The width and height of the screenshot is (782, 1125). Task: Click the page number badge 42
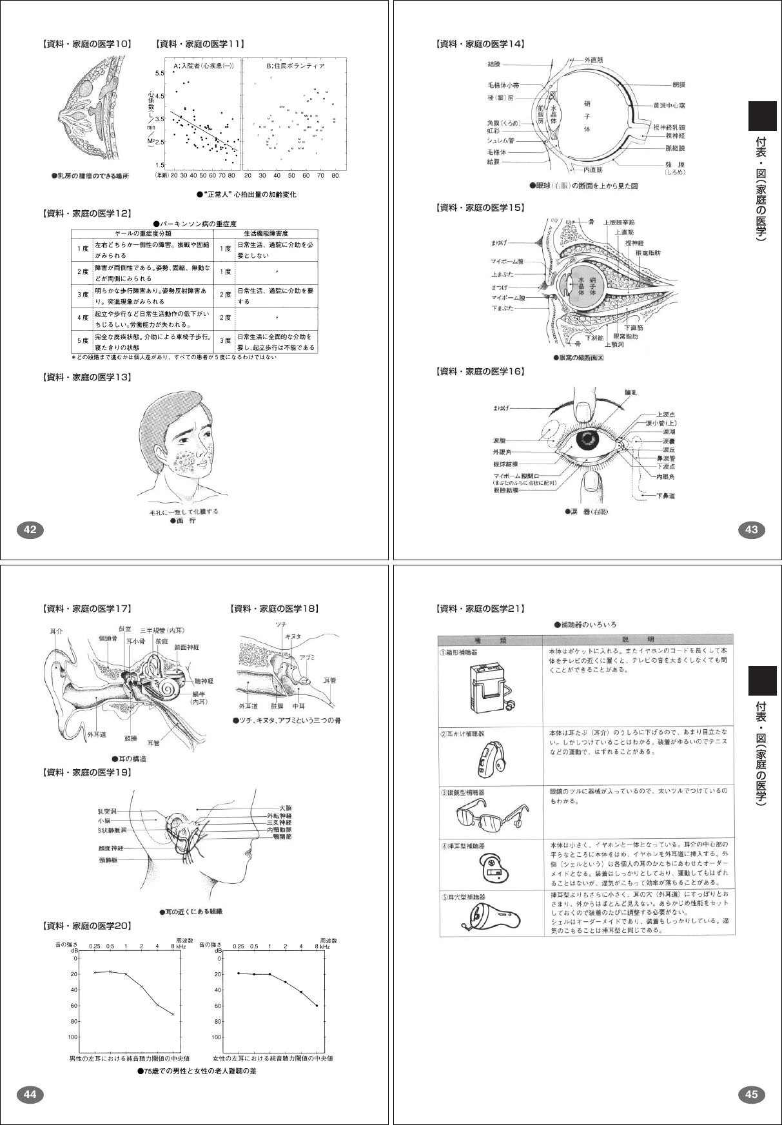click(30, 530)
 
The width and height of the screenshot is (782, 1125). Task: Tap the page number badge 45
click(751, 1094)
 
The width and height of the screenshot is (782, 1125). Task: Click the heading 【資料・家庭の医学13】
click(86, 377)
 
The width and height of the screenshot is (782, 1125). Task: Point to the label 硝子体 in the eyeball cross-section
click(587, 116)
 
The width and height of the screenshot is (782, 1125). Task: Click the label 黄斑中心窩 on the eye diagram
click(669, 105)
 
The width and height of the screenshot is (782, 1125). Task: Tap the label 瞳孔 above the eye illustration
click(631, 392)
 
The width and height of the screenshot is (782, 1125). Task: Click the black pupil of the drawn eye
click(587, 440)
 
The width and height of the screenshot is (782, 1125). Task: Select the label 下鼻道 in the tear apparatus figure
click(666, 496)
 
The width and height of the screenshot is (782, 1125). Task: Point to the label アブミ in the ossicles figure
click(307, 657)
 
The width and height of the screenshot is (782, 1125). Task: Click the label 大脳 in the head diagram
click(285, 808)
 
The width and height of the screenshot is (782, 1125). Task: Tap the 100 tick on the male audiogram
click(73, 1037)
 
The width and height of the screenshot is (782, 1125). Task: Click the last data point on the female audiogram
click(317, 1006)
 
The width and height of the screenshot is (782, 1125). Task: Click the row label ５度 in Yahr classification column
click(83, 342)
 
